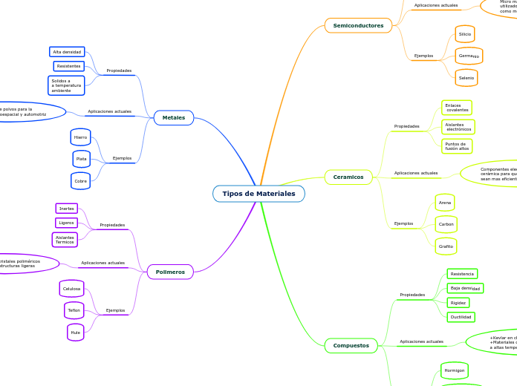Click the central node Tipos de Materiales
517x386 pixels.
coord(258,194)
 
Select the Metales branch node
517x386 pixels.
coord(173,117)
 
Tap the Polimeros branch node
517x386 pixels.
coord(170,272)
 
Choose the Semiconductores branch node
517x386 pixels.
coord(358,25)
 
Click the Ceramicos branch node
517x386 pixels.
coord(348,177)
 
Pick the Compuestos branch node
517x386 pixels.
coord(351,345)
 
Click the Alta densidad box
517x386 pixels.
coord(67,52)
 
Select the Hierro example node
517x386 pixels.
coord(81,137)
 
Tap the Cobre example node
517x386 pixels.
coord(81,180)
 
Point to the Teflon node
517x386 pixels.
coord(74,310)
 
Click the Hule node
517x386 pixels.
coord(76,333)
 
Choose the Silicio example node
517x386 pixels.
coord(465,34)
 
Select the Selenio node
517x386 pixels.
coord(466,77)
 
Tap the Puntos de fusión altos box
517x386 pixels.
coord(457,146)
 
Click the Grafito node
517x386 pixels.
coord(446,246)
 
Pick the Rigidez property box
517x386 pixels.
coord(458,303)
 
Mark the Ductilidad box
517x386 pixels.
coord(461,317)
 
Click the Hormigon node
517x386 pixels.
coord(454,370)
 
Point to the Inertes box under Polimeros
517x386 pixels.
coord(67,209)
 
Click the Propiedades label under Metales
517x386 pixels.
coord(119,71)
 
